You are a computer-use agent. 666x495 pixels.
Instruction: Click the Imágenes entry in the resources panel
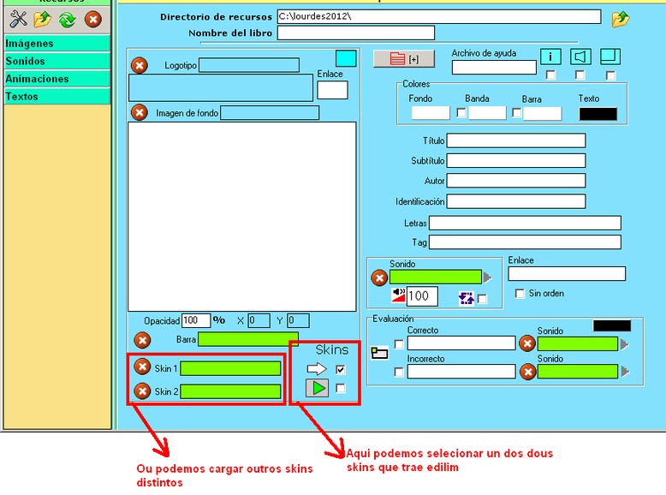click(56, 44)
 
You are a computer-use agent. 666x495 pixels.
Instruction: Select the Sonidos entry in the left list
click(56, 62)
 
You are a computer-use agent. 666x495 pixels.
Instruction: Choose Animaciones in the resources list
click(56, 79)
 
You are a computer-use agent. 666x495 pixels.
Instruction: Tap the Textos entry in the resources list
click(56, 97)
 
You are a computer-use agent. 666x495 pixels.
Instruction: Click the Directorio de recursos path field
click(438, 16)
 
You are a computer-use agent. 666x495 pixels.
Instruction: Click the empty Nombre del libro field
click(355, 33)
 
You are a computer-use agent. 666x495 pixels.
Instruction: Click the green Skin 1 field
click(230, 368)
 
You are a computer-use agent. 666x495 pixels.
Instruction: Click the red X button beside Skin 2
click(142, 391)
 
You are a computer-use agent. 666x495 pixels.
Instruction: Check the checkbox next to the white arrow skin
click(341, 370)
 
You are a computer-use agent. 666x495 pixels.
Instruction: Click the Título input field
click(515, 140)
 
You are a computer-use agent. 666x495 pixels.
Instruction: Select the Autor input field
click(515, 181)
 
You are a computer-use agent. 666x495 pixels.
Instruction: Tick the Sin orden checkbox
click(520, 294)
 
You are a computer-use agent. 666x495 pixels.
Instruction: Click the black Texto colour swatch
click(598, 114)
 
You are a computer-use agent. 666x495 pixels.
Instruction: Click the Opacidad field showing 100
click(196, 321)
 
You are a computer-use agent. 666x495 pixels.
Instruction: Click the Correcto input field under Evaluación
click(461, 343)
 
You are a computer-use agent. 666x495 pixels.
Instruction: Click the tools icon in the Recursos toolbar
click(19, 19)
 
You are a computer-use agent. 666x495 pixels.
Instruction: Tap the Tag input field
click(524, 242)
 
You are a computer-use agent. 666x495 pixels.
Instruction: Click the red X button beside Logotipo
click(140, 65)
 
